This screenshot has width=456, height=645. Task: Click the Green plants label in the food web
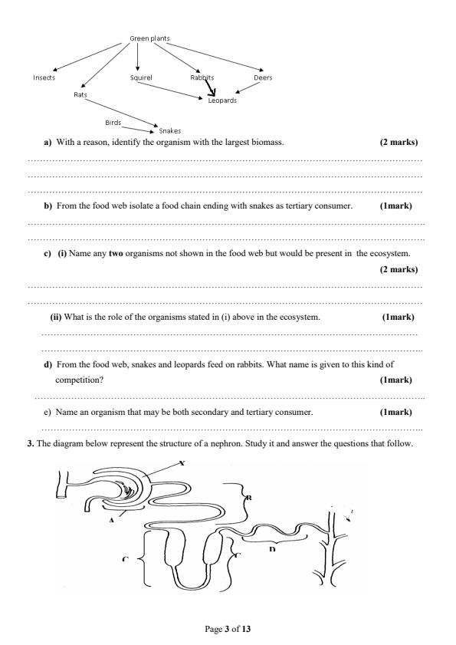pyautogui.click(x=149, y=38)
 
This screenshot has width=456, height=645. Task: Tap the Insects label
pyautogui.click(x=44, y=77)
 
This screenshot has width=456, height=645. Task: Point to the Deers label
pyautogui.click(x=263, y=77)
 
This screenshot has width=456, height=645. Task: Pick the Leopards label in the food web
pyautogui.click(x=222, y=100)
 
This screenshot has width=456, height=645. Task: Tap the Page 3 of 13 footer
pyautogui.click(x=228, y=629)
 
